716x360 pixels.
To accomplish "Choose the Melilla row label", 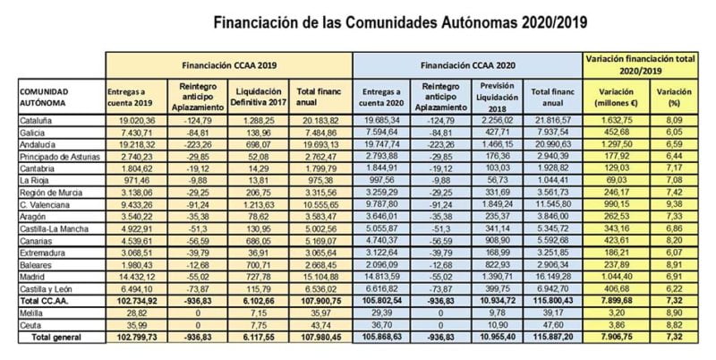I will [x=33, y=313].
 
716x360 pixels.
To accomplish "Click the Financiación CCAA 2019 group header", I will [x=229, y=65].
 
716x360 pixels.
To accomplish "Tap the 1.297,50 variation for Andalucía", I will [x=614, y=143].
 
